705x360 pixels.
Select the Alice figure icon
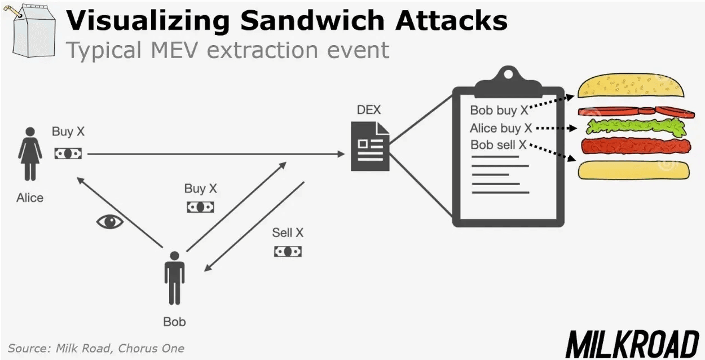click(30, 154)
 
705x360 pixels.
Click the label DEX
click(369, 109)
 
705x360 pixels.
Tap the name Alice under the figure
click(30, 198)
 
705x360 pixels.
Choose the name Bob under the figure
click(174, 322)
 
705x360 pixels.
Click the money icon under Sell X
click(288, 251)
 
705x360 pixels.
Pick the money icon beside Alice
click(68, 153)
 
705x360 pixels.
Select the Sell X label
click(288, 232)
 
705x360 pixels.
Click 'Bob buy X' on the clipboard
click(499, 111)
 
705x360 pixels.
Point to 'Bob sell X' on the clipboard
click(499, 145)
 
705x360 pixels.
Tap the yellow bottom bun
click(635, 170)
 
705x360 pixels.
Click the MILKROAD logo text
click(632, 344)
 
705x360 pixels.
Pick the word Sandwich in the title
click(312, 20)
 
